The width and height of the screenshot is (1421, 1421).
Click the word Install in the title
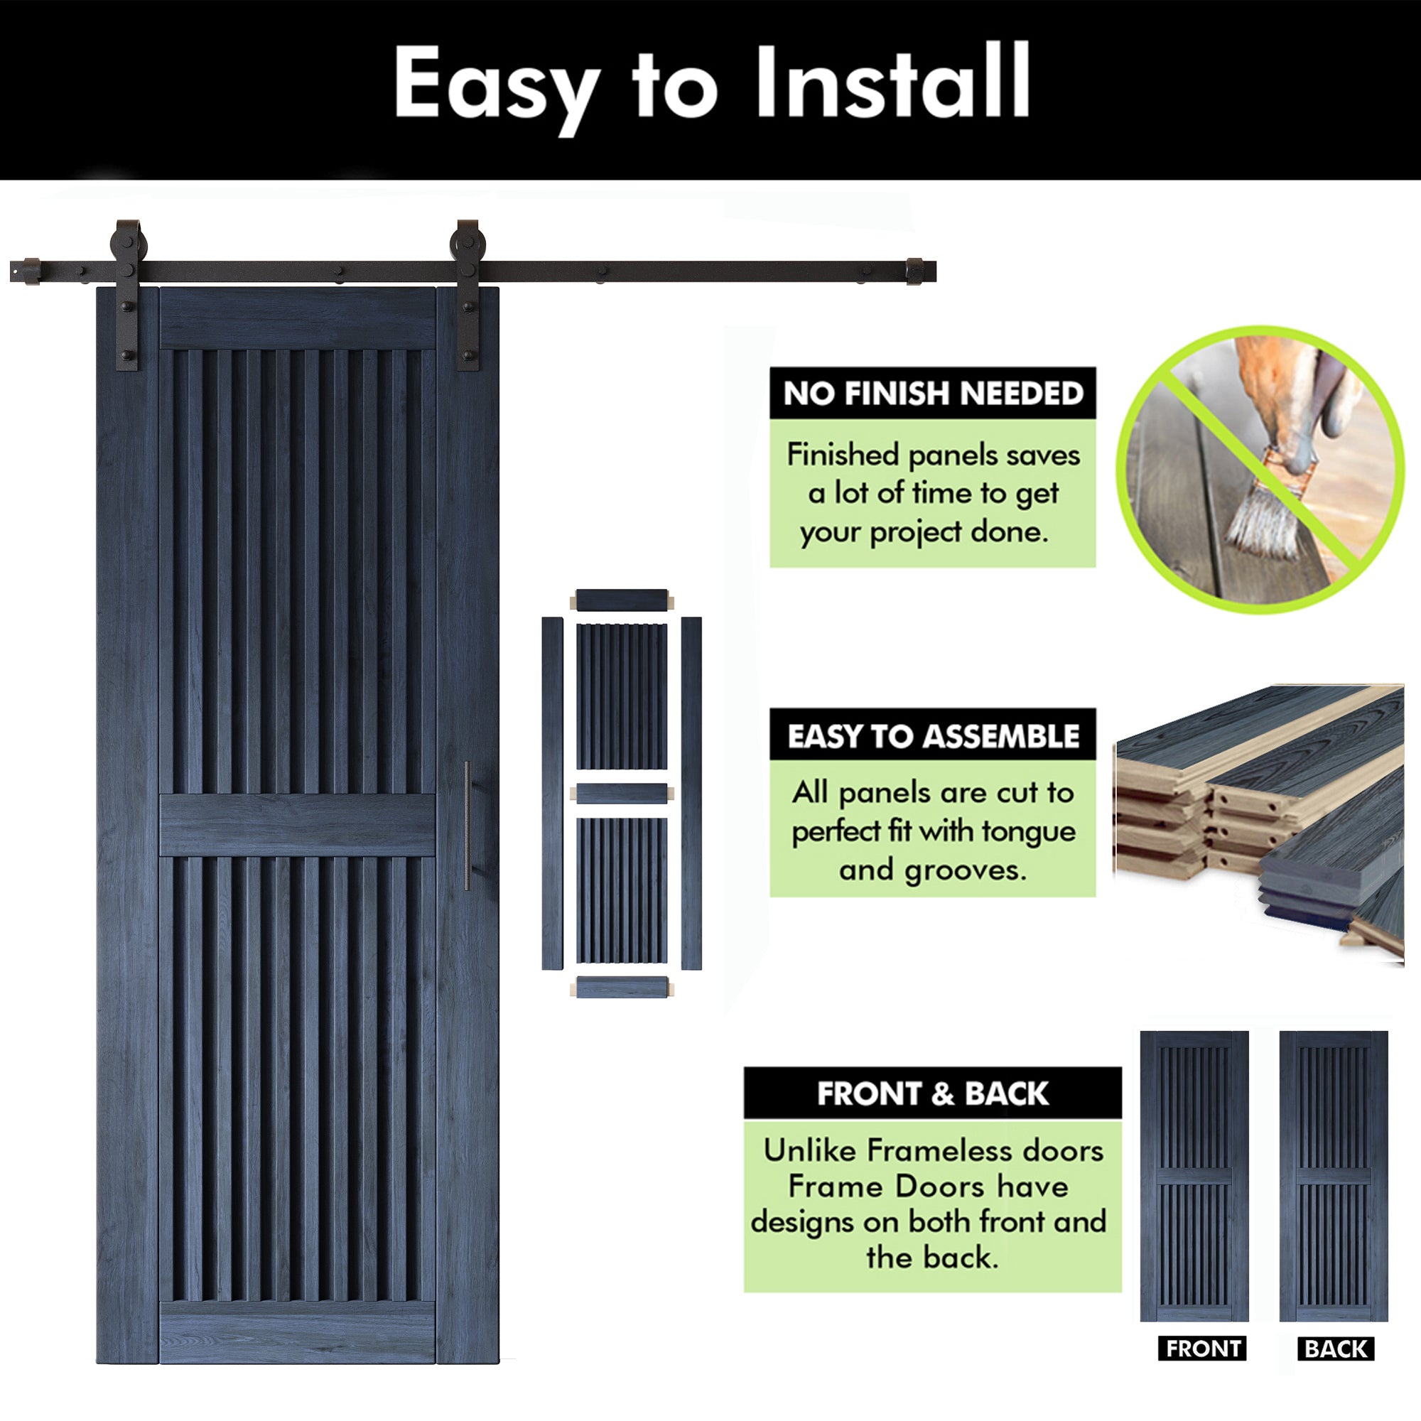point(892,82)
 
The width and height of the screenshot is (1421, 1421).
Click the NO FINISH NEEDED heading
point(933,394)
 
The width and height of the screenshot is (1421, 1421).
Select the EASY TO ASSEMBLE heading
point(933,736)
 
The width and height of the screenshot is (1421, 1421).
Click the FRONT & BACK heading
point(933,1093)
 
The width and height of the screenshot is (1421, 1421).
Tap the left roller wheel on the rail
point(129,243)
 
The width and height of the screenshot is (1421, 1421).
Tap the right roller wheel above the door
point(468,243)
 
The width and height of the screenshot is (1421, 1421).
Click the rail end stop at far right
point(914,271)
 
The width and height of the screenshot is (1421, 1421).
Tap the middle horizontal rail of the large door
point(297,824)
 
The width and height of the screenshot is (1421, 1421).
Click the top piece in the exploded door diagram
point(622,600)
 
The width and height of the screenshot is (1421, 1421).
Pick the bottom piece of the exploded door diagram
point(622,987)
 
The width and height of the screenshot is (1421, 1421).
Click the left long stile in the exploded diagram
point(552,793)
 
